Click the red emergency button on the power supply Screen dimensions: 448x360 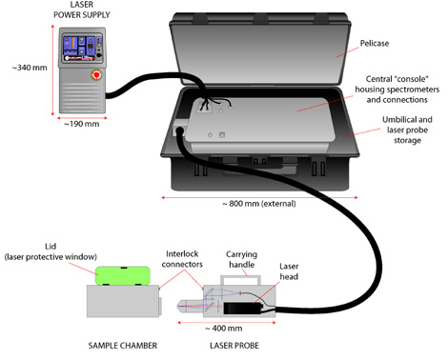[x=96, y=75]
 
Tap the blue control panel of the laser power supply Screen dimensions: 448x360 [x=82, y=48]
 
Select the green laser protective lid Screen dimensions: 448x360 [x=123, y=275]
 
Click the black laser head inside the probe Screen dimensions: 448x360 [x=243, y=308]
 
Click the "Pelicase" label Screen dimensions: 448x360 [x=375, y=43]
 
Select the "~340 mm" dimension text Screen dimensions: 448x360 [x=30, y=68]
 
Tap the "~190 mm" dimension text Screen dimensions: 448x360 [x=82, y=124]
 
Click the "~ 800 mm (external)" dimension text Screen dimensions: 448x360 [x=259, y=204]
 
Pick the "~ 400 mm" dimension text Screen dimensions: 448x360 [x=224, y=329]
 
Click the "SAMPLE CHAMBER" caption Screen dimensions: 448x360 [x=123, y=346]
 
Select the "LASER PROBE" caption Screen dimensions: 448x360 [x=234, y=346]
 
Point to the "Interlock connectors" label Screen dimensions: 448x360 [x=182, y=259]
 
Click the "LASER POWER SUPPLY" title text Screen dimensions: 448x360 [x=82, y=10]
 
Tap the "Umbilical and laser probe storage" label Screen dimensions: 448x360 [x=407, y=130]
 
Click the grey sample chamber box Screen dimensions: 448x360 [x=123, y=301]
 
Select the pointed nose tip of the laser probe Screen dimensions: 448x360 [x=177, y=306]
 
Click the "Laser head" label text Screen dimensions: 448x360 [x=289, y=271]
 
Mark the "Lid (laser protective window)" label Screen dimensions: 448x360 [x=51, y=251]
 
